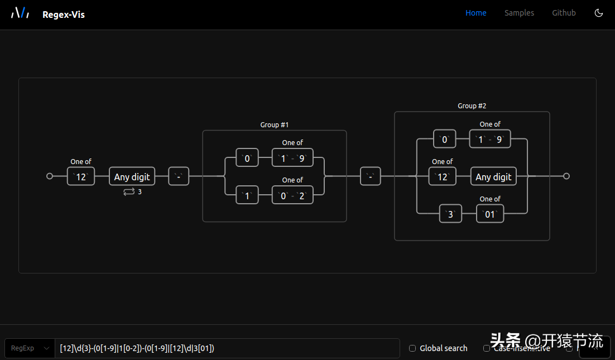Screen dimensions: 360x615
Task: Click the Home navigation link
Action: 475,13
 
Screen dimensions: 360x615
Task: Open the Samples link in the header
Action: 519,13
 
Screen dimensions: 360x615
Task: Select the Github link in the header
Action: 564,13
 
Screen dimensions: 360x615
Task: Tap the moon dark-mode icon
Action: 599,13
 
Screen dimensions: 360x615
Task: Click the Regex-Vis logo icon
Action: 20,13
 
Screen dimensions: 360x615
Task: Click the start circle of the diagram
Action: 50,176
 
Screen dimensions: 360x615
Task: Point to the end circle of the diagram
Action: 566,176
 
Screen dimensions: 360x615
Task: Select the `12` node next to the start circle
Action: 81,176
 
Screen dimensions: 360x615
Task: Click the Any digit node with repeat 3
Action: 132,176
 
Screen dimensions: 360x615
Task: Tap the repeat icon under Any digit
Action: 129,192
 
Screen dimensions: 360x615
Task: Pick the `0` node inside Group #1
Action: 247,158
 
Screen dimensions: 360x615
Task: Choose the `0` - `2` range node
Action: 292,195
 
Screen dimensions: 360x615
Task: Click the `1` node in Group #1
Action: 247,195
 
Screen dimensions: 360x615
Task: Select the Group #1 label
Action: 274,125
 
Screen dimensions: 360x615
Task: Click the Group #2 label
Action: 472,106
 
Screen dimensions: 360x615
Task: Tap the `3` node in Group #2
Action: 450,214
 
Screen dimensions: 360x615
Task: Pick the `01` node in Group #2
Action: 489,214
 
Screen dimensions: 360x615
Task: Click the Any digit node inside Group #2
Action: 493,176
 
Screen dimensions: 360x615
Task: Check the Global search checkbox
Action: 412,348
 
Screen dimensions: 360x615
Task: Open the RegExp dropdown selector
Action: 30,348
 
